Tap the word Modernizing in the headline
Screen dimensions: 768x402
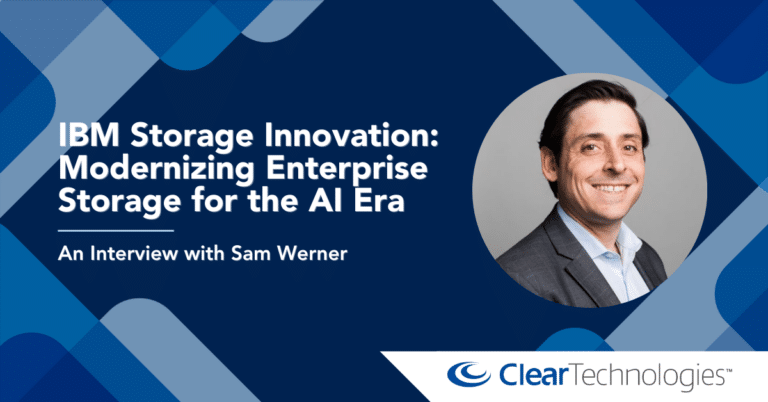tap(156, 169)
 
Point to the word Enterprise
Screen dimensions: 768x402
tap(347, 169)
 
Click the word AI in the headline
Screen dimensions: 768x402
tap(327, 201)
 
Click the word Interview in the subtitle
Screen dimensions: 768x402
tap(134, 254)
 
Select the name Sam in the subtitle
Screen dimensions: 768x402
tap(247, 254)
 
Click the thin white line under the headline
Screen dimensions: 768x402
tap(116, 230)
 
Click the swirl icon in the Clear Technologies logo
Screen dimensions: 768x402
tap(469, 375)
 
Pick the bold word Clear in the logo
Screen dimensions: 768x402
tap(533, 375)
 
